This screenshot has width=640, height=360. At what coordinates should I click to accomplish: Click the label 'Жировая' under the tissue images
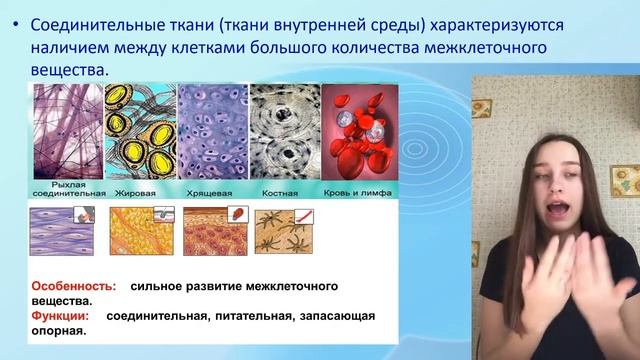[x=140, y=189]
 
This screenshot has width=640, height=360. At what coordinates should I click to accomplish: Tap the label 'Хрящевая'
[x=210, y=189]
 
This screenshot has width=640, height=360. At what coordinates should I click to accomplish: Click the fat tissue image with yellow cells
[x=139, y=131]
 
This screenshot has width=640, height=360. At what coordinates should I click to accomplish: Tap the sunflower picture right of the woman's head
[x=621, y=180]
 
